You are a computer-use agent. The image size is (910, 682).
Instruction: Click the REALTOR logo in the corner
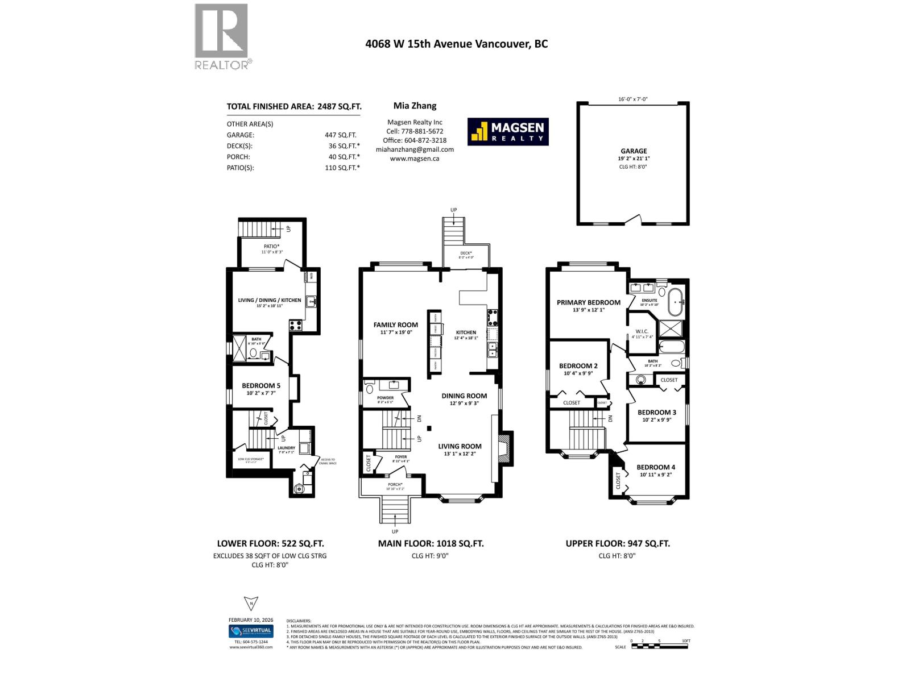coord(222,36)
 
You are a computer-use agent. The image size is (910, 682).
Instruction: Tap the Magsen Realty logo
coord(508,132)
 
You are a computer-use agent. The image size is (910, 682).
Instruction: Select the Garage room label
coord(634,151)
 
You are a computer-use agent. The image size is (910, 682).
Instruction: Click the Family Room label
coord(395,325)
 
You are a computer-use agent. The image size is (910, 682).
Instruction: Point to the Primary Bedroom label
coord(588,302)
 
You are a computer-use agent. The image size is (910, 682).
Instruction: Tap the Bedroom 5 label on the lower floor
coord(260,385)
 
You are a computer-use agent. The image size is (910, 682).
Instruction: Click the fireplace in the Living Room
coord(503,447)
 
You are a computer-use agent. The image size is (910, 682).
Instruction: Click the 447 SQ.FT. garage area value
coord(340,135)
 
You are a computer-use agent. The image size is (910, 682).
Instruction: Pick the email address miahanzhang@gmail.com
coord(415,149)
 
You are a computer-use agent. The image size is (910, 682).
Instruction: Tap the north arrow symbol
coord(251,604)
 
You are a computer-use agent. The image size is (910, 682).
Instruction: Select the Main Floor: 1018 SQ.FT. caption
coord(431,543)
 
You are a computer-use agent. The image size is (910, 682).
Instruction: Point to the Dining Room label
coord(464,396)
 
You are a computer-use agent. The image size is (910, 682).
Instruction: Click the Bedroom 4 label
coord(656,467)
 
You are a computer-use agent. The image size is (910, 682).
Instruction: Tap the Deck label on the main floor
coord(466,253)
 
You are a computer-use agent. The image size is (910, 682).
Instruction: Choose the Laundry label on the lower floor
coord(286,448)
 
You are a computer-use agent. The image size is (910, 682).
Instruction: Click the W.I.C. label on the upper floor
coord(642,331)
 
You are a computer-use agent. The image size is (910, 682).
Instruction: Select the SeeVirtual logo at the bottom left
coord(251,631)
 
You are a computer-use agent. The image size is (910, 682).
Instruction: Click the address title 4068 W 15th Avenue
coord(456,44)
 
